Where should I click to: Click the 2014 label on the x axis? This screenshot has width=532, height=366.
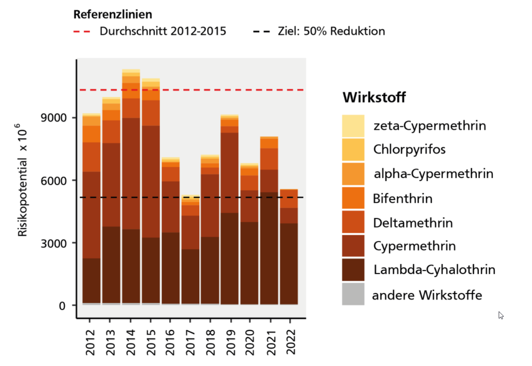pyautogui.click(x=131, y=343)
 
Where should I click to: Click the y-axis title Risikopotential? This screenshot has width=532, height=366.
pyautogui.click(x=23, y=179)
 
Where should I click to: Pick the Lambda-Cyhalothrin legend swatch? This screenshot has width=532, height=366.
pyautogui.click(x=353, y=270)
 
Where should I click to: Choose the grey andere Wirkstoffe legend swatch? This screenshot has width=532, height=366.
pyautogui.click(x=353, y=294)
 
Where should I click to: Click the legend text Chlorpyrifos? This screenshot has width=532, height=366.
pyautogui.click(x=409, y=149)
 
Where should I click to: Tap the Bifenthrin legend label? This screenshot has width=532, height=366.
pyautogui.click(x=403, y=198)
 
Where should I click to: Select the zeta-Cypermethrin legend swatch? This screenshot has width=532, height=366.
pyautogui.click(x=353, y=125)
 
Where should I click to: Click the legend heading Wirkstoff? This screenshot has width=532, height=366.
pyautogui.click(x=374, y=98)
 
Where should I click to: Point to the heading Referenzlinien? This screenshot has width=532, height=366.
pyautogui.click(x=112, y=15)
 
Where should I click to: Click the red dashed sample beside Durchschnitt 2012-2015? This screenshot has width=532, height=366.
pyautogui.click(x=82, y=31)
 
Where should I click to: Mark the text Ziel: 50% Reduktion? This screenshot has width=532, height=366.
pyautogui.click(x=331, y=31)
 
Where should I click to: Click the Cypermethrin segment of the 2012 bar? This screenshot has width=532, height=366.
pyautogui.click(x=91, y=215)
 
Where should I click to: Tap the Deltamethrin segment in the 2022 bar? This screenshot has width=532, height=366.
pyautogui.click(x=288, y=199)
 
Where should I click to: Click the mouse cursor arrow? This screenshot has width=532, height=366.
pyautogui.click(x=501, y=315)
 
